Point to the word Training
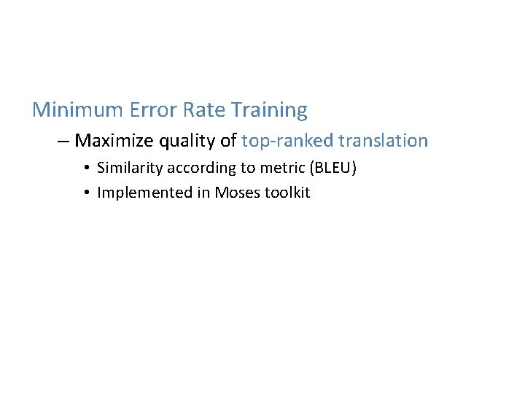[x=269, y=111]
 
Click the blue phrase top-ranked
[x=287, y=140]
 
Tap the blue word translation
[x=383, y=140]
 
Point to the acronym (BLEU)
[x=333, y=169]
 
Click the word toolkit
[x=287, y=193]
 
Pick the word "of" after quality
[x=227, y=140]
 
